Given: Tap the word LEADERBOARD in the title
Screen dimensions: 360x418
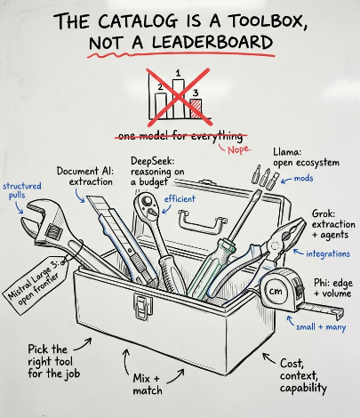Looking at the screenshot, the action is click(x=212, y=42).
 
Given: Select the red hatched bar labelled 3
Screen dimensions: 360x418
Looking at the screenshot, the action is click(x=196, y=109).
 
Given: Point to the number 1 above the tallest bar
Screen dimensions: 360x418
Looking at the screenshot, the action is click(x=178, y=73).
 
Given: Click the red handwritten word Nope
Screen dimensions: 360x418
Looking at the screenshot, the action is click(x=239, y=149).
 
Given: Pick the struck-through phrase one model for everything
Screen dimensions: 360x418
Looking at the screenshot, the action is click(x=180, y=136).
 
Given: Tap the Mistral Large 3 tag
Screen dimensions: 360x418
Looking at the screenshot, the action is click(x=36, y=285).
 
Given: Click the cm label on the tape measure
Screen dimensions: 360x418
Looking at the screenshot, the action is click(x=276, y=292).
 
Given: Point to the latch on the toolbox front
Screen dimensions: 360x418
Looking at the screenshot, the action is click(x=143, y=306).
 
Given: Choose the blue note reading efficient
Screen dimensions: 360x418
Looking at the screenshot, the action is click(x=180, y=198).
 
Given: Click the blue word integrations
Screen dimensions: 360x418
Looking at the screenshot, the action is click(x=328, y=254).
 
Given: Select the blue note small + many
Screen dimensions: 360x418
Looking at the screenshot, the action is click(x=321, y=327).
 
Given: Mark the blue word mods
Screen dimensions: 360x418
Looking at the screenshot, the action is click(x=303, y=178).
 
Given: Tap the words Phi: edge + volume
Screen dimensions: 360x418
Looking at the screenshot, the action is click(x=333, y=288).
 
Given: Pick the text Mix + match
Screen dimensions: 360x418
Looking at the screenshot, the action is click(x=148, y=384).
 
